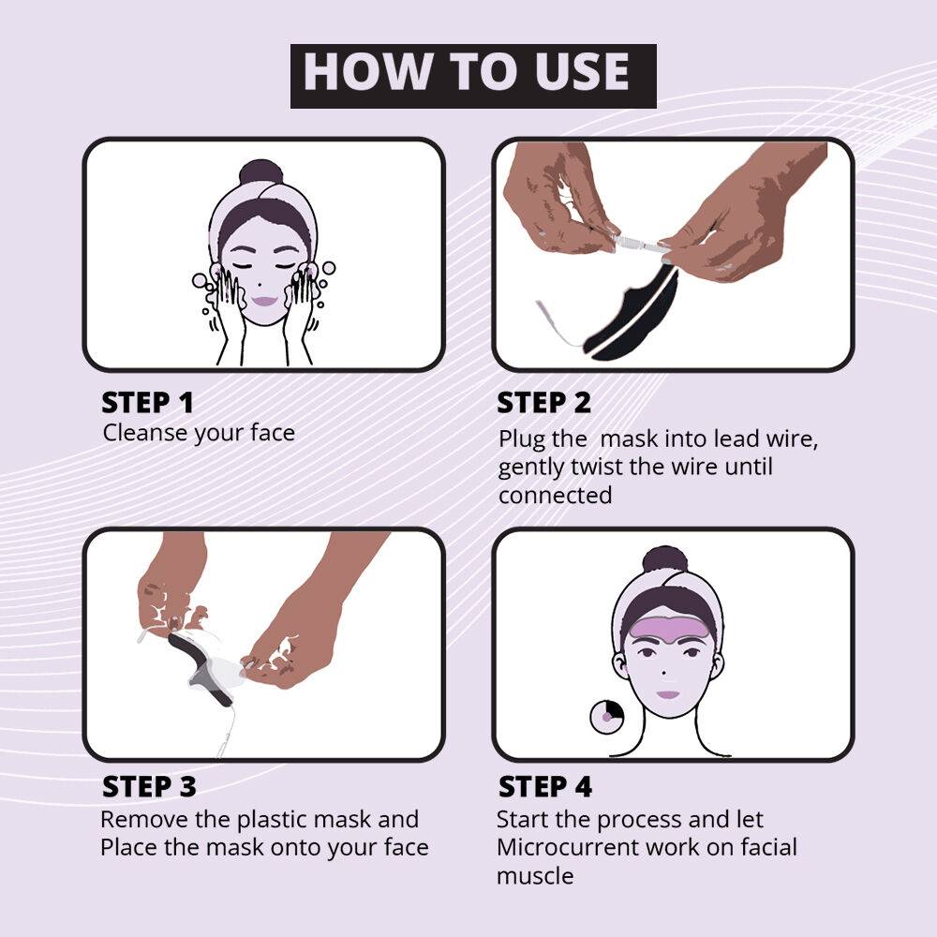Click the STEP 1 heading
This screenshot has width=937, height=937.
point(147,403)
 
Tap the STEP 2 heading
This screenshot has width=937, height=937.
point(544,403)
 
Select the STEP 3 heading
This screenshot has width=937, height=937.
point(149,786)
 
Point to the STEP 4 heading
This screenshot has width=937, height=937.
point(544,786)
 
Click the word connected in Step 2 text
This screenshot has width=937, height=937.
point(555,495)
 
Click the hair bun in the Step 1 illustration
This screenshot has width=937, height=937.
point(260,173)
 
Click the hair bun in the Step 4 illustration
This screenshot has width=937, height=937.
point(665,559)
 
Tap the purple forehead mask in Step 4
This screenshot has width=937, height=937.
point(666,620)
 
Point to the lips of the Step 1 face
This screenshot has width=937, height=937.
point(265,302)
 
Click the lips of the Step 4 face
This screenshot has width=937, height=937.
point(667,695)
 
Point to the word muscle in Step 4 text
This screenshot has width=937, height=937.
point(535,877)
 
